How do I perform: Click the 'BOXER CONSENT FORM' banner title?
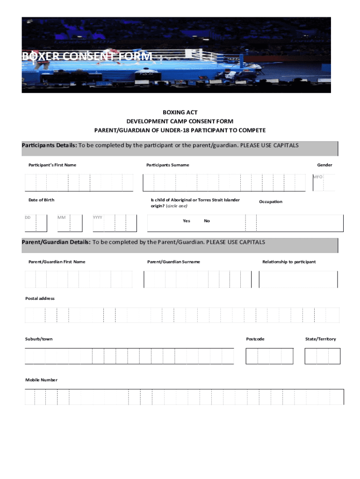coord(87,57)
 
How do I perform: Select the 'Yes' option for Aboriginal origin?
coord(187,221)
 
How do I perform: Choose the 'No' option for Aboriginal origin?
coord(207,221)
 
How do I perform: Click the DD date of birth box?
coord(36,223)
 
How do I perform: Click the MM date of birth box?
coord(70,223)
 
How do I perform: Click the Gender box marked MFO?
coord(324,182)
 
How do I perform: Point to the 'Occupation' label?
coord(271,202)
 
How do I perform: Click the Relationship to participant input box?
coord(298,279)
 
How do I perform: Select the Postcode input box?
coord(269,356)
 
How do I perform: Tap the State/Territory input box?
coord(322,356)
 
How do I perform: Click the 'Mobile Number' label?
coord(41,380)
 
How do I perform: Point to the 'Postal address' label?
coord(40,298)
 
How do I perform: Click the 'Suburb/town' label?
coord(39,339)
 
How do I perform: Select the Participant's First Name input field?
coord(79,182)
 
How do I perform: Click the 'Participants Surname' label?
coord(167,165)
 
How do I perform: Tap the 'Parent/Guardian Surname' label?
coord(173,261)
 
